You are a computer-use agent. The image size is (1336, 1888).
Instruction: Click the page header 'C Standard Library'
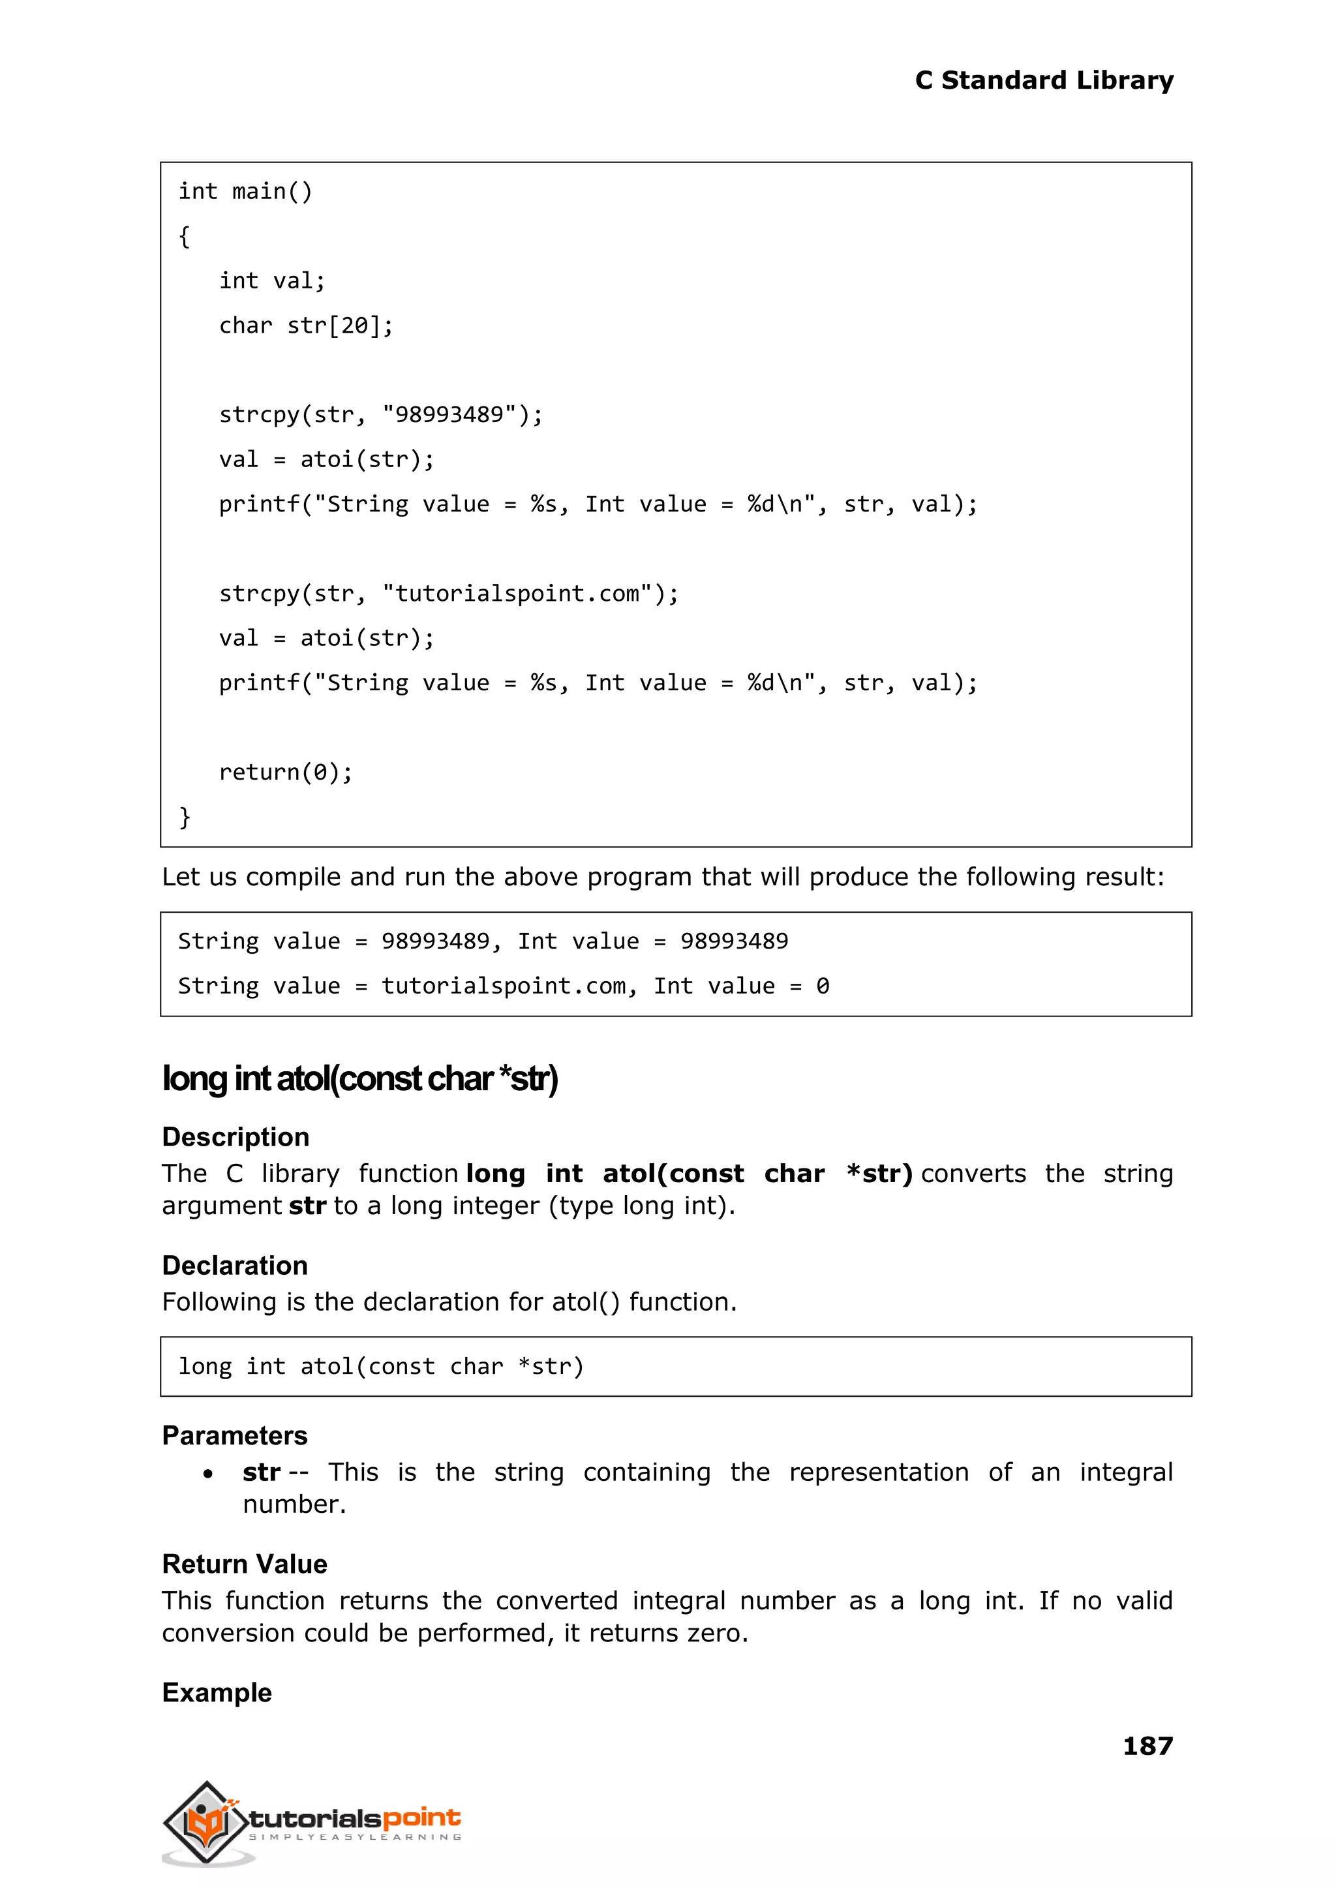(1043, 81)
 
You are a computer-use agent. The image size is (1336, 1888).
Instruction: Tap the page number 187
(1147, 1745)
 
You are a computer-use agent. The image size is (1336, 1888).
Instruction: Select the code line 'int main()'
(245, 192)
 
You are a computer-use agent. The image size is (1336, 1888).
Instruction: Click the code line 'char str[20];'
(306, 326)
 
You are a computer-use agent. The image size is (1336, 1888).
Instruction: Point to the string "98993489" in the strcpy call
(451, 415)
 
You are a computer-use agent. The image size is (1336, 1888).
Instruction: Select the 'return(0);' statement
(286, 772)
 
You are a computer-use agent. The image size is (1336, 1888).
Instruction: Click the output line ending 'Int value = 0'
(504, 986)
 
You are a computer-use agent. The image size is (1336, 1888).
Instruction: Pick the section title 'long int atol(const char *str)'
(359, 1078)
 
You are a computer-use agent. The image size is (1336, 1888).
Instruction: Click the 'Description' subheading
(235, 1137)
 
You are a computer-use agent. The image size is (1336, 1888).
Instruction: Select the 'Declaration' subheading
(234, 1265)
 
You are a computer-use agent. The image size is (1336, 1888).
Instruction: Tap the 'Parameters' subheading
(234, 1435)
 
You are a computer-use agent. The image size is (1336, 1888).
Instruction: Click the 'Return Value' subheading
(245, 1564)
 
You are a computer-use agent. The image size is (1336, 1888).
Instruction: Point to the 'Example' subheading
(217, 1692)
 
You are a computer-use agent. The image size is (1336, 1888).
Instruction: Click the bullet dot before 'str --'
(208, 1473)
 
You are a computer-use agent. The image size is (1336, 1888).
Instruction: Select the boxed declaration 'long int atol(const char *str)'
(381, 1367)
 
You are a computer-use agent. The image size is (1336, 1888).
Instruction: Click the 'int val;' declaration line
(272, 281)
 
